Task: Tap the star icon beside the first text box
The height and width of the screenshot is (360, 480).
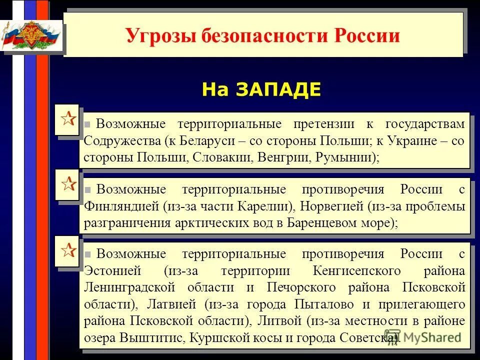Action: coord(68,120)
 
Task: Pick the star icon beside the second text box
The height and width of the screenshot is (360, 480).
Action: coord(68,184)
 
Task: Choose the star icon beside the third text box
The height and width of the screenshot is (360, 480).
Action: coord(68,249)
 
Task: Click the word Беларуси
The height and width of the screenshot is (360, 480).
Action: coord(209,140)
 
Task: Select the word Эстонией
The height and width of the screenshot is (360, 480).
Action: coord(112,270)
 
